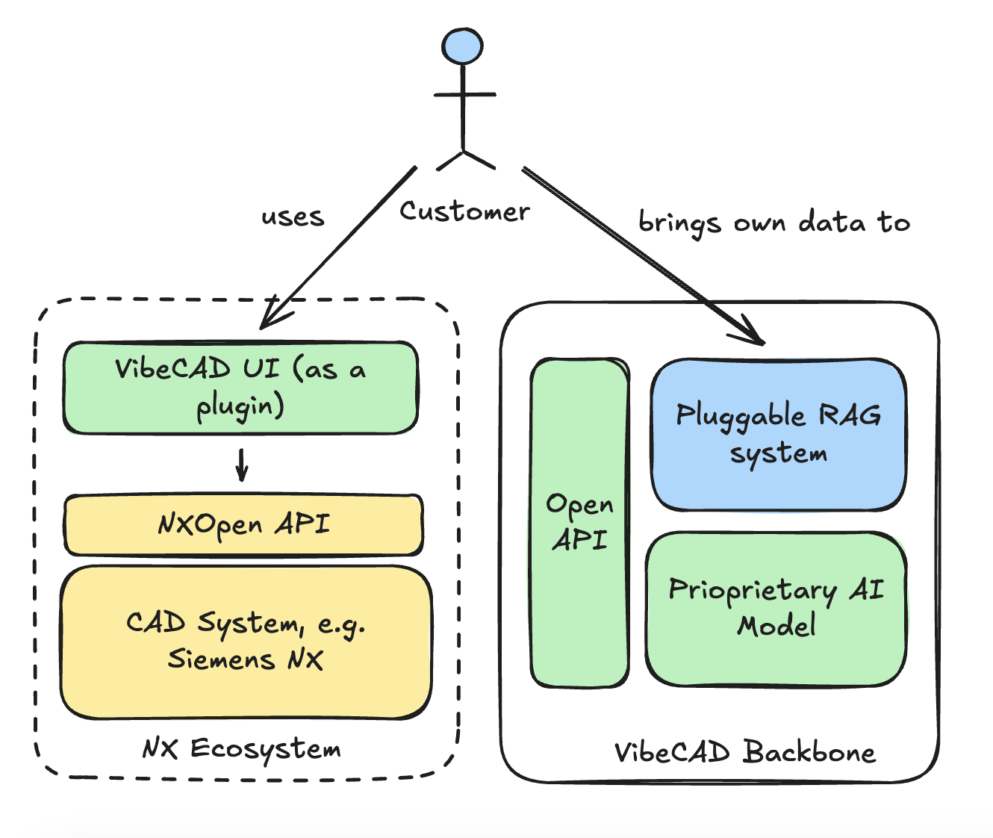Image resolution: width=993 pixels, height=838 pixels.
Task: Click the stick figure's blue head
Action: tap(462, 46)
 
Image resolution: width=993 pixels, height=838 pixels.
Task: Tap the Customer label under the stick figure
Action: tap(464, 211)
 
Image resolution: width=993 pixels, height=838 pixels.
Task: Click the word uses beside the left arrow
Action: tap(293, 217)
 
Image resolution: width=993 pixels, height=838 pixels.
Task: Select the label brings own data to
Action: tap(774, 223)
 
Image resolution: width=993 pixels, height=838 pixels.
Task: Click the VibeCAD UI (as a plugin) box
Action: tap(240, 388)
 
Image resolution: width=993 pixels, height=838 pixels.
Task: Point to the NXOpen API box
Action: tap(243, 525)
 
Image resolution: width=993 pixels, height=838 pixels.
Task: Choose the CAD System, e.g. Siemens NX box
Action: tap(246, 642)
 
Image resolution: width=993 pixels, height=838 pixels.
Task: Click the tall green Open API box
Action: tap(579, 523)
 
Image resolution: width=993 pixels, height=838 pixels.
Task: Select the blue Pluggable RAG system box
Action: tap(778, 435)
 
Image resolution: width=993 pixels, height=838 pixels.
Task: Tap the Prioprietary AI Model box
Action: tap(776, 609)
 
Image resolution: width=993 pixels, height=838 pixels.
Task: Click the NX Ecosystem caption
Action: tap(241, 748)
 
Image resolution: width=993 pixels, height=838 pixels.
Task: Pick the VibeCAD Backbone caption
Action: tap(744, 752)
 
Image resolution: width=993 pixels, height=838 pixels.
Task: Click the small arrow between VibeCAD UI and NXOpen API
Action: tap(241, 465)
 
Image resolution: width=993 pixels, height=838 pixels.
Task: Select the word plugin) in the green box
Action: tap(240, 407)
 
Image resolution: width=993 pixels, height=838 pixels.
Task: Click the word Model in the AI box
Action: tap(776, 625)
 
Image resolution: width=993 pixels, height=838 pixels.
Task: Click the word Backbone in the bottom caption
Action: tap(809, 752)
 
